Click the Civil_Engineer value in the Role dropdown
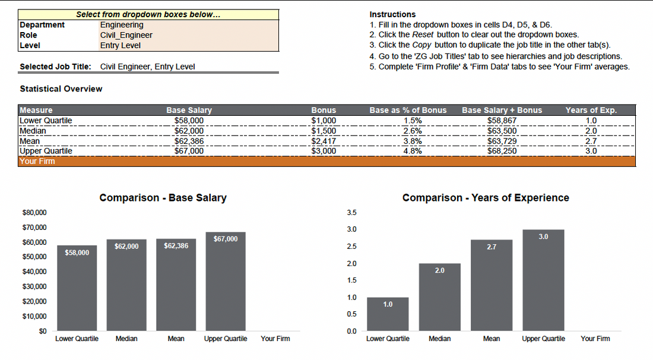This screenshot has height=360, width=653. pyautogui.click(x=126, y=35)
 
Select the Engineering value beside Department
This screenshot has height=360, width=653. pyautogui.click(x=122, y=25)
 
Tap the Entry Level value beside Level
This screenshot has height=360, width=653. pyautogui.click(x=121, y=45)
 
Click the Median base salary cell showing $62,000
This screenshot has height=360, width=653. pyautogui.click(x=189, y=131)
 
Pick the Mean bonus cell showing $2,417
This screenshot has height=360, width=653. pyautogui.click(x=324, y=141)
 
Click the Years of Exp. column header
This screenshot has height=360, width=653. pyautogui.click(x=591, y=110)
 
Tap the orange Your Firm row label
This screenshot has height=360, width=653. pyautogui.click(x=37, y=161)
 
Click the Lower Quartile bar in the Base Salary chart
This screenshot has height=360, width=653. pyautogui.click(x=77, y=288)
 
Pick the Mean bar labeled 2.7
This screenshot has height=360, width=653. pyautogui.click(x=492, y=285)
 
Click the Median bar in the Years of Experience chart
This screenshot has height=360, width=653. pyautogui.click(x=439, y=297)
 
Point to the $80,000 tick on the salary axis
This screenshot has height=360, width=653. pyautogui.click(x=34, y=213)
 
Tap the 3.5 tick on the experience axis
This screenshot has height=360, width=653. pyautogui.click(x=351, y=213)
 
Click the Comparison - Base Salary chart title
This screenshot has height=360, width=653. pyautogui.click(x=163, y=198)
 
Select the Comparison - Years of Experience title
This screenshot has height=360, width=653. pyautogui.click(x=486, y=198)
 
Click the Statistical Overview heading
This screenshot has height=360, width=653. pyautogui.click(x=61, y=89)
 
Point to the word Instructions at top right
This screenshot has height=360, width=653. pyautogui.click(x=392, y=14)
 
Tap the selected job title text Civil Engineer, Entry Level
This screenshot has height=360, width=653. pyautogui.click(x=147, y=67)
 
